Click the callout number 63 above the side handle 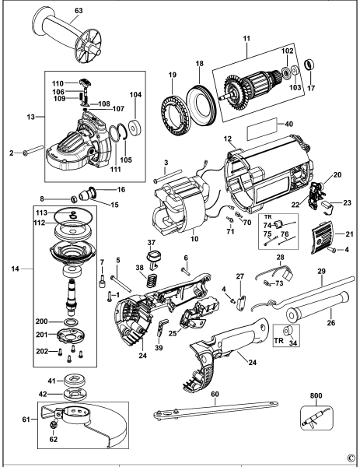57,11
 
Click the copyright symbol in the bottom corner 351,459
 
